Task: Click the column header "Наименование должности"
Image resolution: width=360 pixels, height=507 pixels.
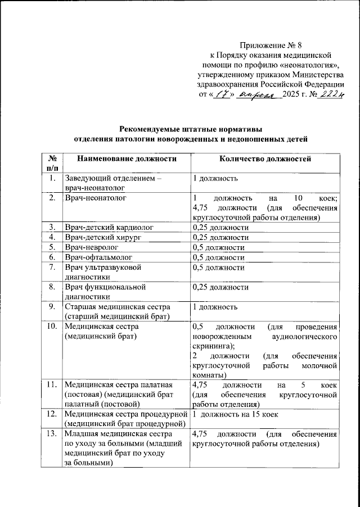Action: coord(127,159)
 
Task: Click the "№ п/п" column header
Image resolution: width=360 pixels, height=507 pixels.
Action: coord(52,163)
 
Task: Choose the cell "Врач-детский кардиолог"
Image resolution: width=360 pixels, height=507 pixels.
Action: coord(109,227)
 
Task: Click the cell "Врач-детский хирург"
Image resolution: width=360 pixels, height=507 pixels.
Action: coord(103,237)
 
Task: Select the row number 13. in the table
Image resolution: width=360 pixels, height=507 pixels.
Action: coord(52,434)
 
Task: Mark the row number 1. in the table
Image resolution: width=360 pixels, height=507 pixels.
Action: coord(52,179)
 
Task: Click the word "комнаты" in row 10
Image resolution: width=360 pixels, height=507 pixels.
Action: coord(209,375)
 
